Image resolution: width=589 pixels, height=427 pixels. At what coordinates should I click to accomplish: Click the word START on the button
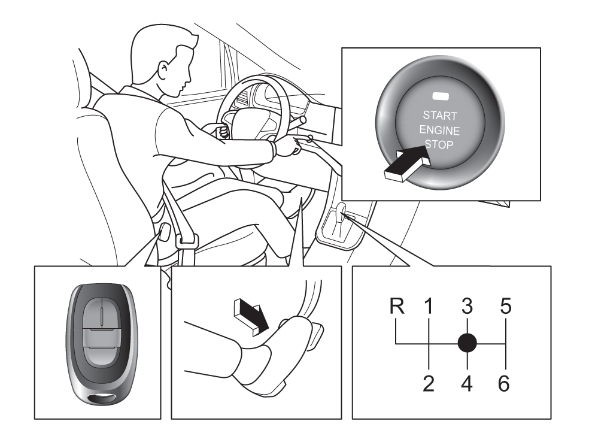[x=439, y=115]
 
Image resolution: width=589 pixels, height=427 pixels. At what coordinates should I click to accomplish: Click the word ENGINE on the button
[x=439, y=130]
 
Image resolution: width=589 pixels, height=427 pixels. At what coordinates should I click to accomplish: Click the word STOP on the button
[x=439, y=144]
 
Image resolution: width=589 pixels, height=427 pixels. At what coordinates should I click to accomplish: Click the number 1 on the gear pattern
[x=429, y=307]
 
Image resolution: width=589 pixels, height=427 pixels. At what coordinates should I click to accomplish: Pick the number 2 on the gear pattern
[x=429, y=383]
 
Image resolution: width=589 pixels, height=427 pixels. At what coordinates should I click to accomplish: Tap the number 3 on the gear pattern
[x=467, y=307]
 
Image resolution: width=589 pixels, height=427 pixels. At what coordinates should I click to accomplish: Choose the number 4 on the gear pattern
[x=467, y=383]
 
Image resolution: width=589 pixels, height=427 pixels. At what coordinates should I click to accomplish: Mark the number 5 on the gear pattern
[x=505, y=307]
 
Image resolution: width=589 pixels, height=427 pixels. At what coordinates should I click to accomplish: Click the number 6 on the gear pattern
[x=505, y=383]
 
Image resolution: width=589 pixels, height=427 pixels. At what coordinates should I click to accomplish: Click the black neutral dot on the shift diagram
[x=467, y=344]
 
